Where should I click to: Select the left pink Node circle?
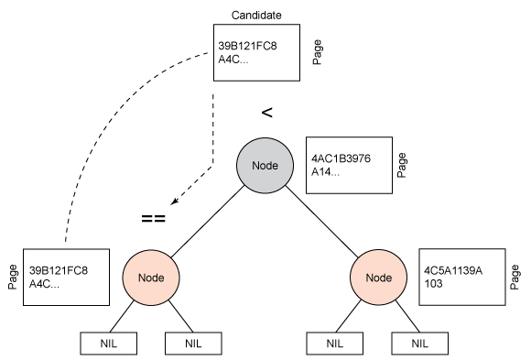pyautogui.click(x=150, y=275)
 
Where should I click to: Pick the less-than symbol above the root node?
pyautogui.click(x=267, y=113)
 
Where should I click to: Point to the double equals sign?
pyautogui.click(x=152, y=218)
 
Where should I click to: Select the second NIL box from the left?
pyautogui.click(x=193, y=344)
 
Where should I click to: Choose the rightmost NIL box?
pyautogui.click(x=420, y=344)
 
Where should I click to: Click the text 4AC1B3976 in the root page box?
pyautogui.click(x=341, y=158)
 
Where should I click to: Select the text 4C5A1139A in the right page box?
pyautogui.click(x=453, y=271)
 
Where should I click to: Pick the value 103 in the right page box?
pyautogui.click(x=433, y=285)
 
